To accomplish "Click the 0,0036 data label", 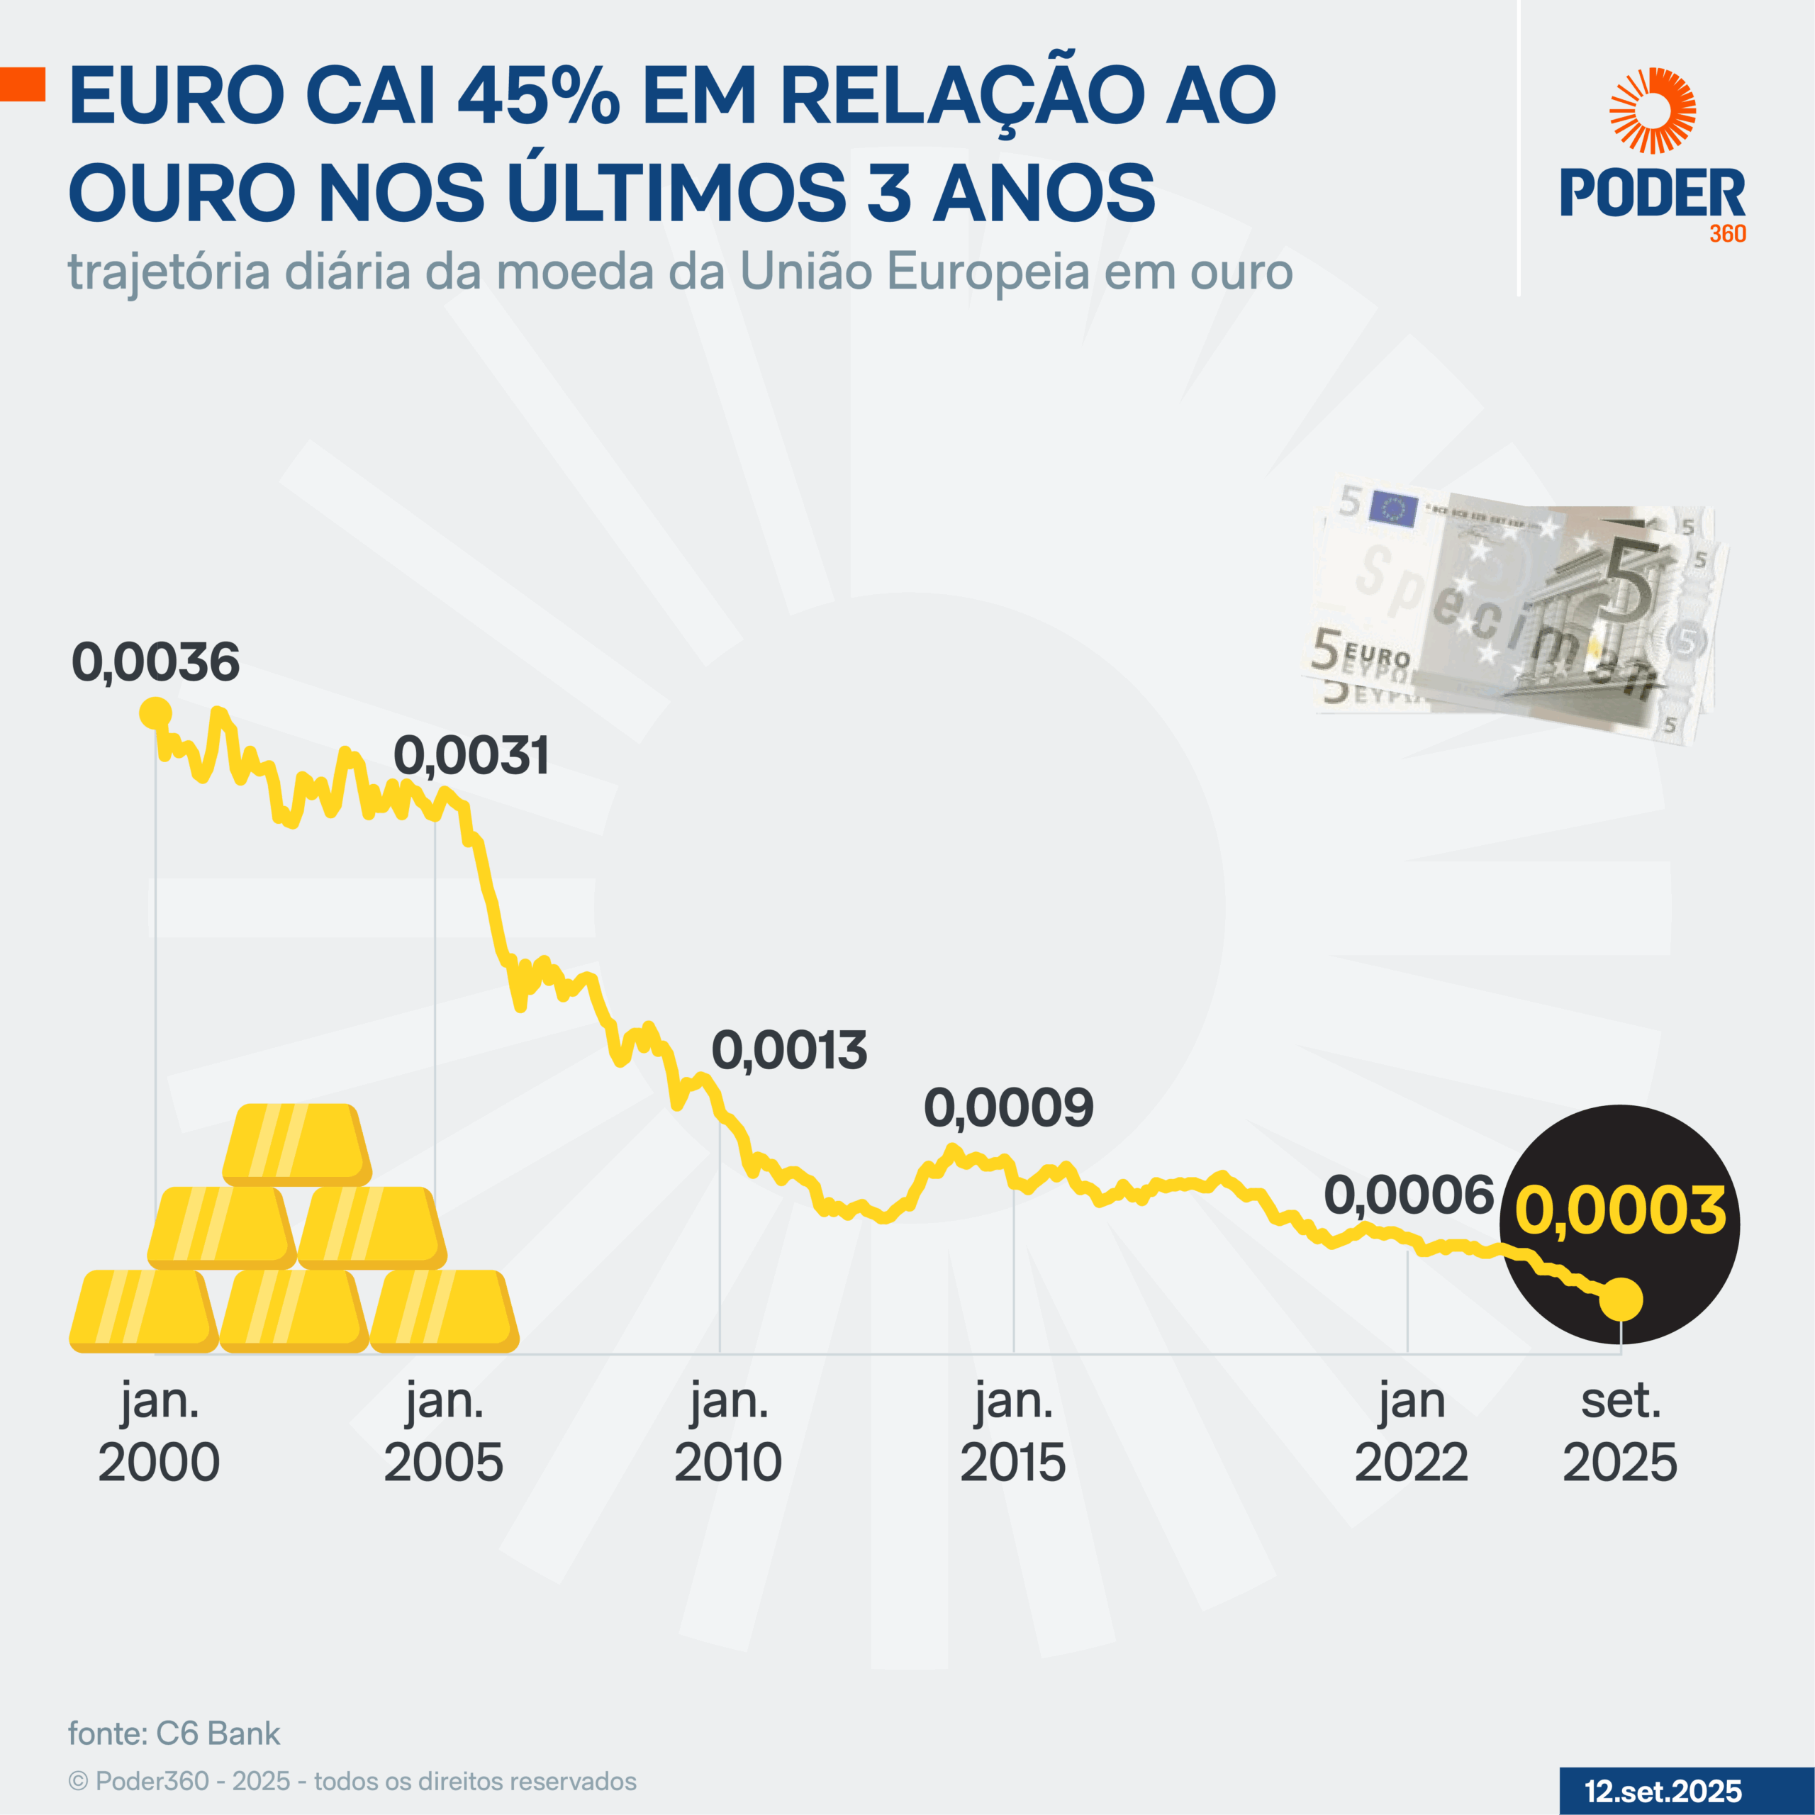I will pos(156,662).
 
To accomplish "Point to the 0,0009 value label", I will pos(1009,1109).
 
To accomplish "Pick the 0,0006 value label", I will pos(1408,1196).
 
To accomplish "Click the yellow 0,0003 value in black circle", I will pos(1619,1210).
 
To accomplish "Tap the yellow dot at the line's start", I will pos(155,714).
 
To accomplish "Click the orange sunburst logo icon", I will pos(1653,111).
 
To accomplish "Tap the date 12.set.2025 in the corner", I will pos(1663,1791).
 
